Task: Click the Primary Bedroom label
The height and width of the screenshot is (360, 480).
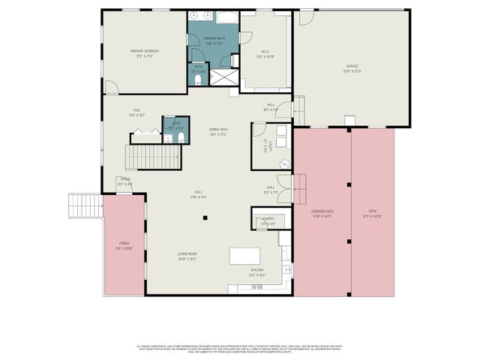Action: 144,52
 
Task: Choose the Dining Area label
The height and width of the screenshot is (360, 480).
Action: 219,131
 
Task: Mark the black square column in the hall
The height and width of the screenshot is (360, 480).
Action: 205,218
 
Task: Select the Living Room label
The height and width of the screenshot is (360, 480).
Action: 187,257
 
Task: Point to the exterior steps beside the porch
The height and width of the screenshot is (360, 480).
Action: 84,205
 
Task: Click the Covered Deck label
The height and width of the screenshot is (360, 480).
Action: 322,214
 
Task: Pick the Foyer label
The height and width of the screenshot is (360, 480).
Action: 125,181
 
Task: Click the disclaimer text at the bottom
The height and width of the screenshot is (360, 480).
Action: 240,348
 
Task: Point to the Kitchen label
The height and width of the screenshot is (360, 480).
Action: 256,271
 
